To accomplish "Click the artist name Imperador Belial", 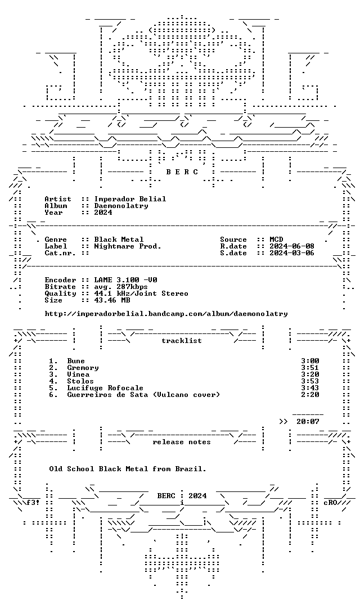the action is [x=130, y=199].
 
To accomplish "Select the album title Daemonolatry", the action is [x=121, y=206].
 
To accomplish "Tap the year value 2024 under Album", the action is [x=103, y=212].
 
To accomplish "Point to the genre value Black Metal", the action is [x=119, y=240].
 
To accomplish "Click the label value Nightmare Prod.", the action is [x=128, y=246].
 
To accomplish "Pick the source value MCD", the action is [x=276, y=240].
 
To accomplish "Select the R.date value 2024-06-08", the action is [x=292, y=246].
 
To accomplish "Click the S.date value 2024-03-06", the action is [x=292, y=253].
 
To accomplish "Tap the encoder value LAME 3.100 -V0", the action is [x=126, y=280].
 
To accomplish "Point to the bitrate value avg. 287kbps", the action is [x=121, y=287].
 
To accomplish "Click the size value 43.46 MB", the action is [x=112, y=300].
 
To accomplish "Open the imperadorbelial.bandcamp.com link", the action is [x=166, y=314].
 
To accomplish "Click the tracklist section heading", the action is [x=182, y=341].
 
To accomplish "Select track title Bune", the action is [x=76, y=361].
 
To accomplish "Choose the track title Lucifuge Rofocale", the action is [x=105, y=388].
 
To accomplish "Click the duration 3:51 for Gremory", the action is [x=310, y=368].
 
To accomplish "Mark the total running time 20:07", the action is [x=308, y=422].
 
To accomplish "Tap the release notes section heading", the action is [x=182, y=442].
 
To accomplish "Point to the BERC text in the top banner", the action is [x=182, y=172].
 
